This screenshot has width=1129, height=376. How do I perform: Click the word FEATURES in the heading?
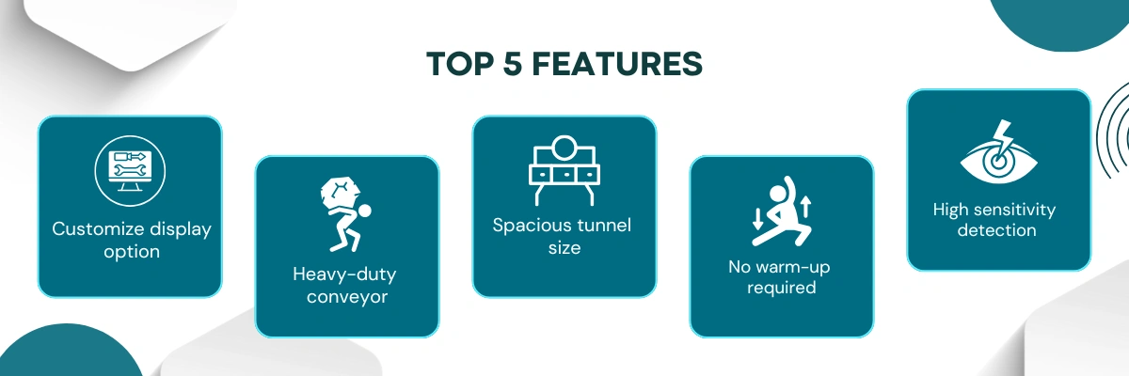point(617,64)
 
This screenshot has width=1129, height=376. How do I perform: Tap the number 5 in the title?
point(513,64)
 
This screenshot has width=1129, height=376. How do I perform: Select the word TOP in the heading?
point(460,64)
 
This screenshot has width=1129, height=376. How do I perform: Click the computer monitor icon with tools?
point(130,171)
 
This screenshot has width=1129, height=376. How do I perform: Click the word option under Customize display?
point(132,251)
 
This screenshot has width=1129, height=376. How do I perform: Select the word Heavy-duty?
point(344,274)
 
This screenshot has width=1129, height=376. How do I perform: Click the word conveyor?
point(347,296)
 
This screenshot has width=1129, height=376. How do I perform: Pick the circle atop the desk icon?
point(564,148)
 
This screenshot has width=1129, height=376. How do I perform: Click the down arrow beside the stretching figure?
point(757,218)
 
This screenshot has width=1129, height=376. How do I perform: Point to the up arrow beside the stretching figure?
point(805,207)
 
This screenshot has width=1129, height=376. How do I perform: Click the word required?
point(781,288)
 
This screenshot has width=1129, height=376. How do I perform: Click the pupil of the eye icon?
point(998,163)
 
